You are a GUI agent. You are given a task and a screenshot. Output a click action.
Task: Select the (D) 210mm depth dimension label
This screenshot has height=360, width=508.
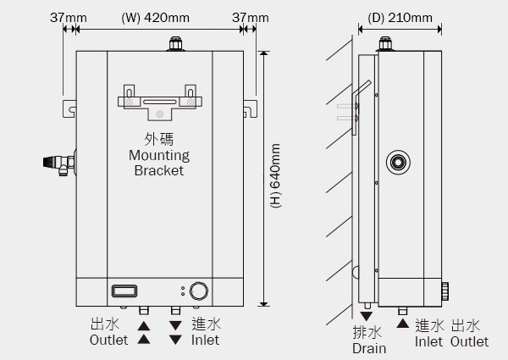400,17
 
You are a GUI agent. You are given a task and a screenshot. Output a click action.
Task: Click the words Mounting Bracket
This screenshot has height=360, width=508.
159,163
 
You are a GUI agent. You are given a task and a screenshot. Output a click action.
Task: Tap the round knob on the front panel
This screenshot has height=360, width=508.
199,291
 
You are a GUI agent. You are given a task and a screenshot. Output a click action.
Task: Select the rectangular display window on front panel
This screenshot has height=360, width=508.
124,291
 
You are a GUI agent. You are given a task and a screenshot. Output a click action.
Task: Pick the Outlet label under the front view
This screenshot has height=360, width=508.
109,341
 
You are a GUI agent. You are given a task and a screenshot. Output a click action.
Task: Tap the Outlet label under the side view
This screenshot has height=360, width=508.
469,342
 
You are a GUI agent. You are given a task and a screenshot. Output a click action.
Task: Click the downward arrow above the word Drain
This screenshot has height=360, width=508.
367,315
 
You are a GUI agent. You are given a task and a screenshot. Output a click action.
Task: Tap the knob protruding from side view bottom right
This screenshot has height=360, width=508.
445,293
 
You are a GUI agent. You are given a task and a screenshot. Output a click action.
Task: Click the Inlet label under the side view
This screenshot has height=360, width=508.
429,342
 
